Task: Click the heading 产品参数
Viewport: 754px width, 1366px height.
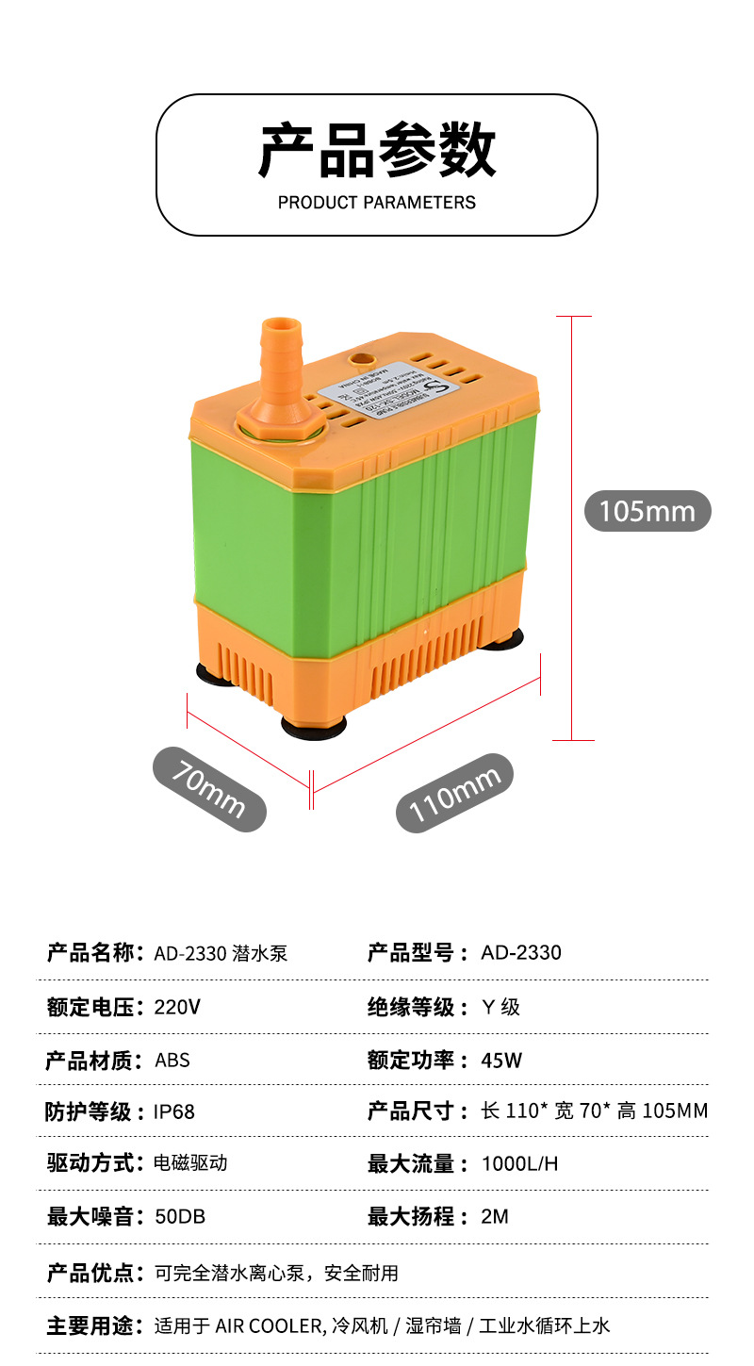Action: [x=377, y=150]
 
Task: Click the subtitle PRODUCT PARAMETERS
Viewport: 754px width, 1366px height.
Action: [x=377, y=203]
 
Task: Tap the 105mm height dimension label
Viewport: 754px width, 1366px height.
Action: [x=647, y=511]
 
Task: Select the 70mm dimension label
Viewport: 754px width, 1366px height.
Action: [x=209, y=789]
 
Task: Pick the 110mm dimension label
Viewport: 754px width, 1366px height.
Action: [x=454, y=793]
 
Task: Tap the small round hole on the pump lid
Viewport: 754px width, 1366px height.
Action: [x=361, y=358]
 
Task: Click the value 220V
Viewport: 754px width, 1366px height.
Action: [x=177, y=1007]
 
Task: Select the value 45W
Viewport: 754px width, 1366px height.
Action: [x=500, y=1061]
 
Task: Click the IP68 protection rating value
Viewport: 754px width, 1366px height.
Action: [x=174, y=1112]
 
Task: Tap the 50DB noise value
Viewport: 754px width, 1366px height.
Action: [x=179, y=1217]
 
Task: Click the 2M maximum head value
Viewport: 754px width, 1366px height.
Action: [x=494, y=1217]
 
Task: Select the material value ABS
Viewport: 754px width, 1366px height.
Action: [x=172, y=1061]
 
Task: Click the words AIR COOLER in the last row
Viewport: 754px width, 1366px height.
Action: [x=269, y=1326]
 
